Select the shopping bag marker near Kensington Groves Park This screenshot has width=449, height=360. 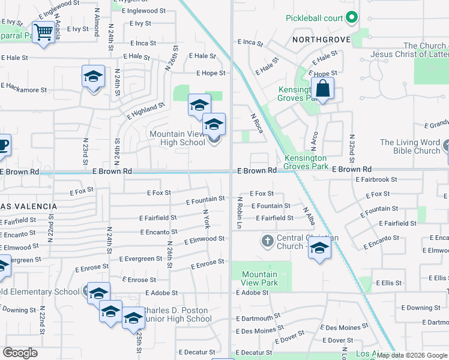pos(322,89)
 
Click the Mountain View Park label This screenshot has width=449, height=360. pos(259,278)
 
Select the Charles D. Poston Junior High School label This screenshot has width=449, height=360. pos(174,314)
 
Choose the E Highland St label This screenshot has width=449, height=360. pos(145,110)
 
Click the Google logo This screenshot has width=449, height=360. pos(20,353)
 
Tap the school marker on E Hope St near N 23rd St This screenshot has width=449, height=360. pos(93,77)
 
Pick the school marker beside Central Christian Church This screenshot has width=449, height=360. pos(320,248)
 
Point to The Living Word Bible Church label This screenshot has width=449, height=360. pos(411,146)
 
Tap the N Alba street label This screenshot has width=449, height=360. pos(309,215)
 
